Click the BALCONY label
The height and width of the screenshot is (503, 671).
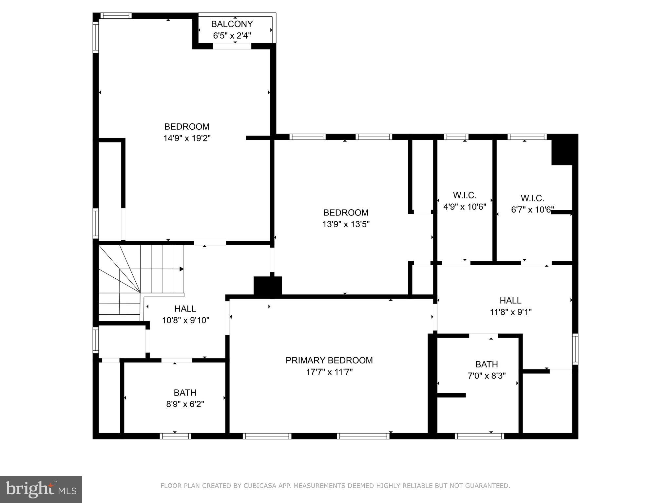click(x=232, y=24)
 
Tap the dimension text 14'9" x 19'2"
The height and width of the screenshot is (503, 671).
click(x=187, y=138)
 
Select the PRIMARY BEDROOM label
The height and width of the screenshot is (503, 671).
click(x=329, y=360)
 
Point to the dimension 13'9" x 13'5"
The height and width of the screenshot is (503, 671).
click(x=346, y=224)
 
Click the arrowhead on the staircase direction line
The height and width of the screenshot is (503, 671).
click(x=182, y=269)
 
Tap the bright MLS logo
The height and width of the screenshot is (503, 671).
click(x=41, y=489)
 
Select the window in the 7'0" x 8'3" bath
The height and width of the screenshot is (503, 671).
click(x=479, y=436)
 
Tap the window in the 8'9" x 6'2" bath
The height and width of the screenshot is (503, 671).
click(x=175, y=436)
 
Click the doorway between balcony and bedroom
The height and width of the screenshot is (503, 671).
click(x=232, y=47)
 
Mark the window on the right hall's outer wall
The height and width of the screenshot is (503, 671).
click(x=575, y=349)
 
